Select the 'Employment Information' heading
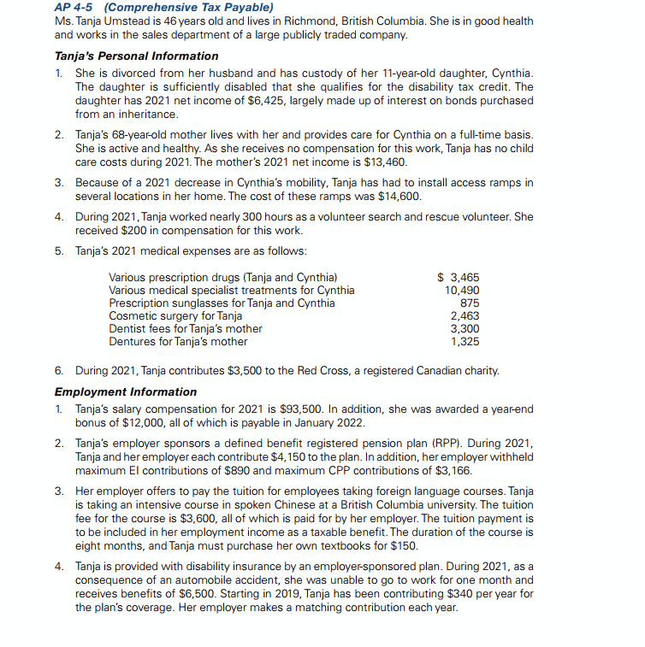tap(126, 391)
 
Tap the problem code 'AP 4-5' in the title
tap(75, 8)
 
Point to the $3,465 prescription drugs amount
tap(459, 277)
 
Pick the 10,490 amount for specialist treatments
tap(462, 290)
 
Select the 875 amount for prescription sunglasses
tap(469, 303)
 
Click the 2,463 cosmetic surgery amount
tap(465, 315)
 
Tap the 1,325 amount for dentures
tap(465, 341)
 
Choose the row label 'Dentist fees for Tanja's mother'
tap(186, 328)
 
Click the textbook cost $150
tap(402, 545)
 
